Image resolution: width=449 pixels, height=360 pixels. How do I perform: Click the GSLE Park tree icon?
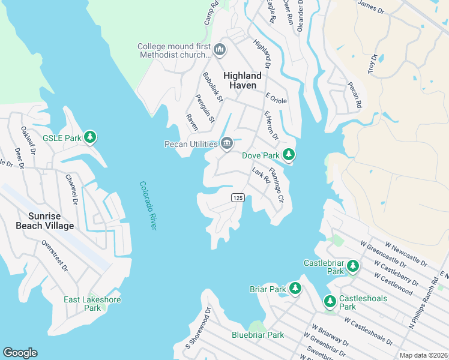click(x=90, y=137)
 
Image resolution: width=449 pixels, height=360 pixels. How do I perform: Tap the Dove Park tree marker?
click(x=289, y=155)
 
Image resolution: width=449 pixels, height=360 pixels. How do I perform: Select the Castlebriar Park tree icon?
click(x=353, y=265)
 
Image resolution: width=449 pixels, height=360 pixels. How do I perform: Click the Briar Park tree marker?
click(x=295, y=289)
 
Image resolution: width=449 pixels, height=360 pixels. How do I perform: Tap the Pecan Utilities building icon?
click(x=227, y=143)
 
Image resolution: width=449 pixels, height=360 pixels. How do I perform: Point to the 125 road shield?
click(x=238, y=197)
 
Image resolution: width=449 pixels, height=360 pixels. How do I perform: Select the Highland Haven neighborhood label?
click(x=243, y=80)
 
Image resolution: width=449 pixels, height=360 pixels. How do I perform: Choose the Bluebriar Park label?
click(x=258, y=335)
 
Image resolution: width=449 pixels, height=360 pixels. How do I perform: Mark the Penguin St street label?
click(x=205, y=108)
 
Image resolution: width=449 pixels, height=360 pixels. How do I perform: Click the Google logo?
click(x=20, y=353)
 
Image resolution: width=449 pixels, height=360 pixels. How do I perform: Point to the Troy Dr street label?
click(x=373, y=64)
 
